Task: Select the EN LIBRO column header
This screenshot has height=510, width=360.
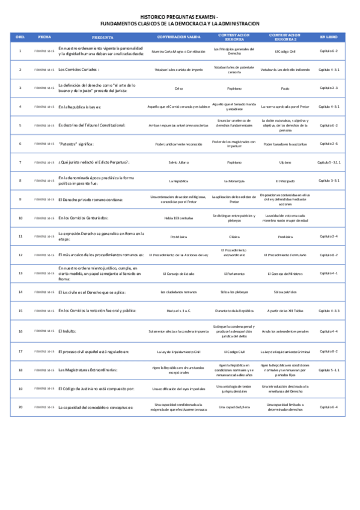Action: click(329, 36)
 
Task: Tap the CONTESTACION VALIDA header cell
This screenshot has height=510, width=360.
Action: click(175, 36)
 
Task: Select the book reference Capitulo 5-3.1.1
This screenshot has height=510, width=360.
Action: click(329, 162)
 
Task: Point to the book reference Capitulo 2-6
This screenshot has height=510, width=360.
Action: click(329, 144)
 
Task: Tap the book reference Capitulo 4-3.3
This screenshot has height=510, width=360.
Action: click(329, 310)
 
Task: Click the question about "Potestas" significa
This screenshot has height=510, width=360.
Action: click(76, 144)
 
